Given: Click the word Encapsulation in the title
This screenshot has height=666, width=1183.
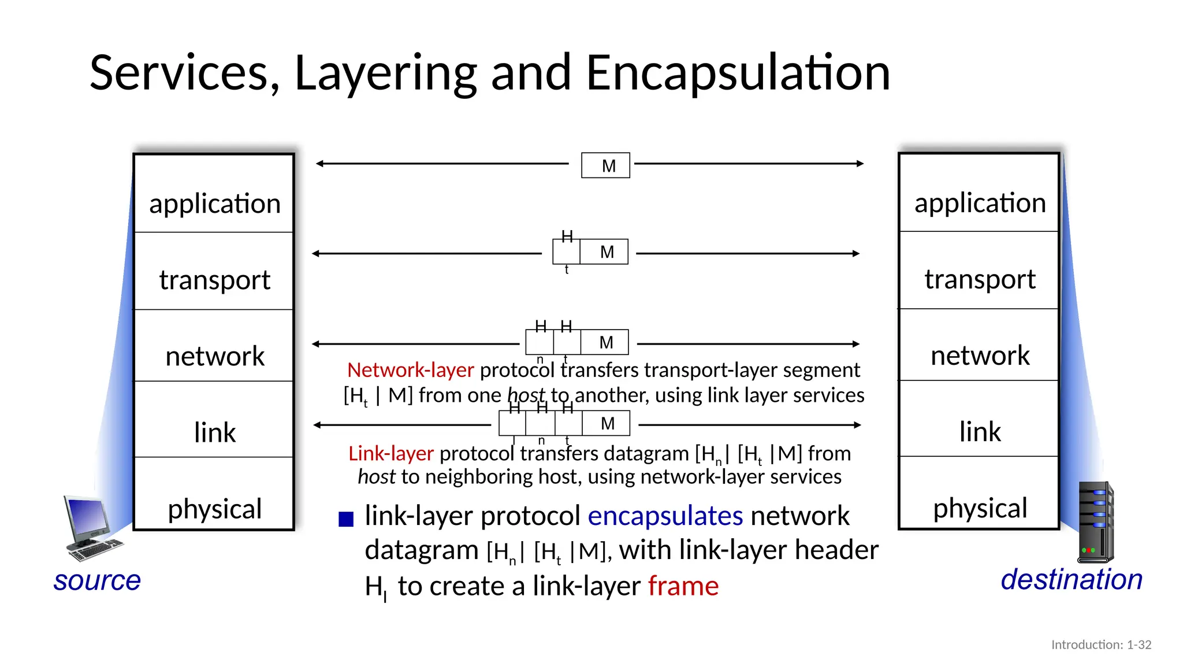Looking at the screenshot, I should tap(738, 73).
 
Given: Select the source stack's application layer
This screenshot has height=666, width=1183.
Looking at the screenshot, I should tap(214, 203).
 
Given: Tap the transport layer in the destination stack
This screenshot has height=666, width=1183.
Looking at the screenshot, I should tap(980, 279).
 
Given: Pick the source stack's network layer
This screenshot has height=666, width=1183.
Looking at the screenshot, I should tap(214, 356).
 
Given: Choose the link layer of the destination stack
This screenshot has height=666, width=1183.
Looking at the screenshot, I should tap(980, 431).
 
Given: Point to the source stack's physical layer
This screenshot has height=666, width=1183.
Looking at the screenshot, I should tap(214, 508).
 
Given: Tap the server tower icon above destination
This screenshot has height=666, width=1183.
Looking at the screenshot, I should tap(1095, 523).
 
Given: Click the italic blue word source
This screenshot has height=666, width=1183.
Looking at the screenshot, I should tap(97, 580).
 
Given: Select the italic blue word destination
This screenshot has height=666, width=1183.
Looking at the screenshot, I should tap(1072, 579).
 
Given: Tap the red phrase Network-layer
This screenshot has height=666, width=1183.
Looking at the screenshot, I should tap(410, 370).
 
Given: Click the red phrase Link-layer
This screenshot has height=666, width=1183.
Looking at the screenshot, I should tap(390, 453).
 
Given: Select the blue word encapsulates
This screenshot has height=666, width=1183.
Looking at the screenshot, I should tap(665, 516).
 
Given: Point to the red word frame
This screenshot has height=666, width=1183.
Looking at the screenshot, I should tap(683, 586).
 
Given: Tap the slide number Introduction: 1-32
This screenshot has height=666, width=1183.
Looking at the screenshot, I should tap(1101, 645).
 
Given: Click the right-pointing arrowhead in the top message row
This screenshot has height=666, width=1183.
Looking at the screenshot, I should tap(860, 164).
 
